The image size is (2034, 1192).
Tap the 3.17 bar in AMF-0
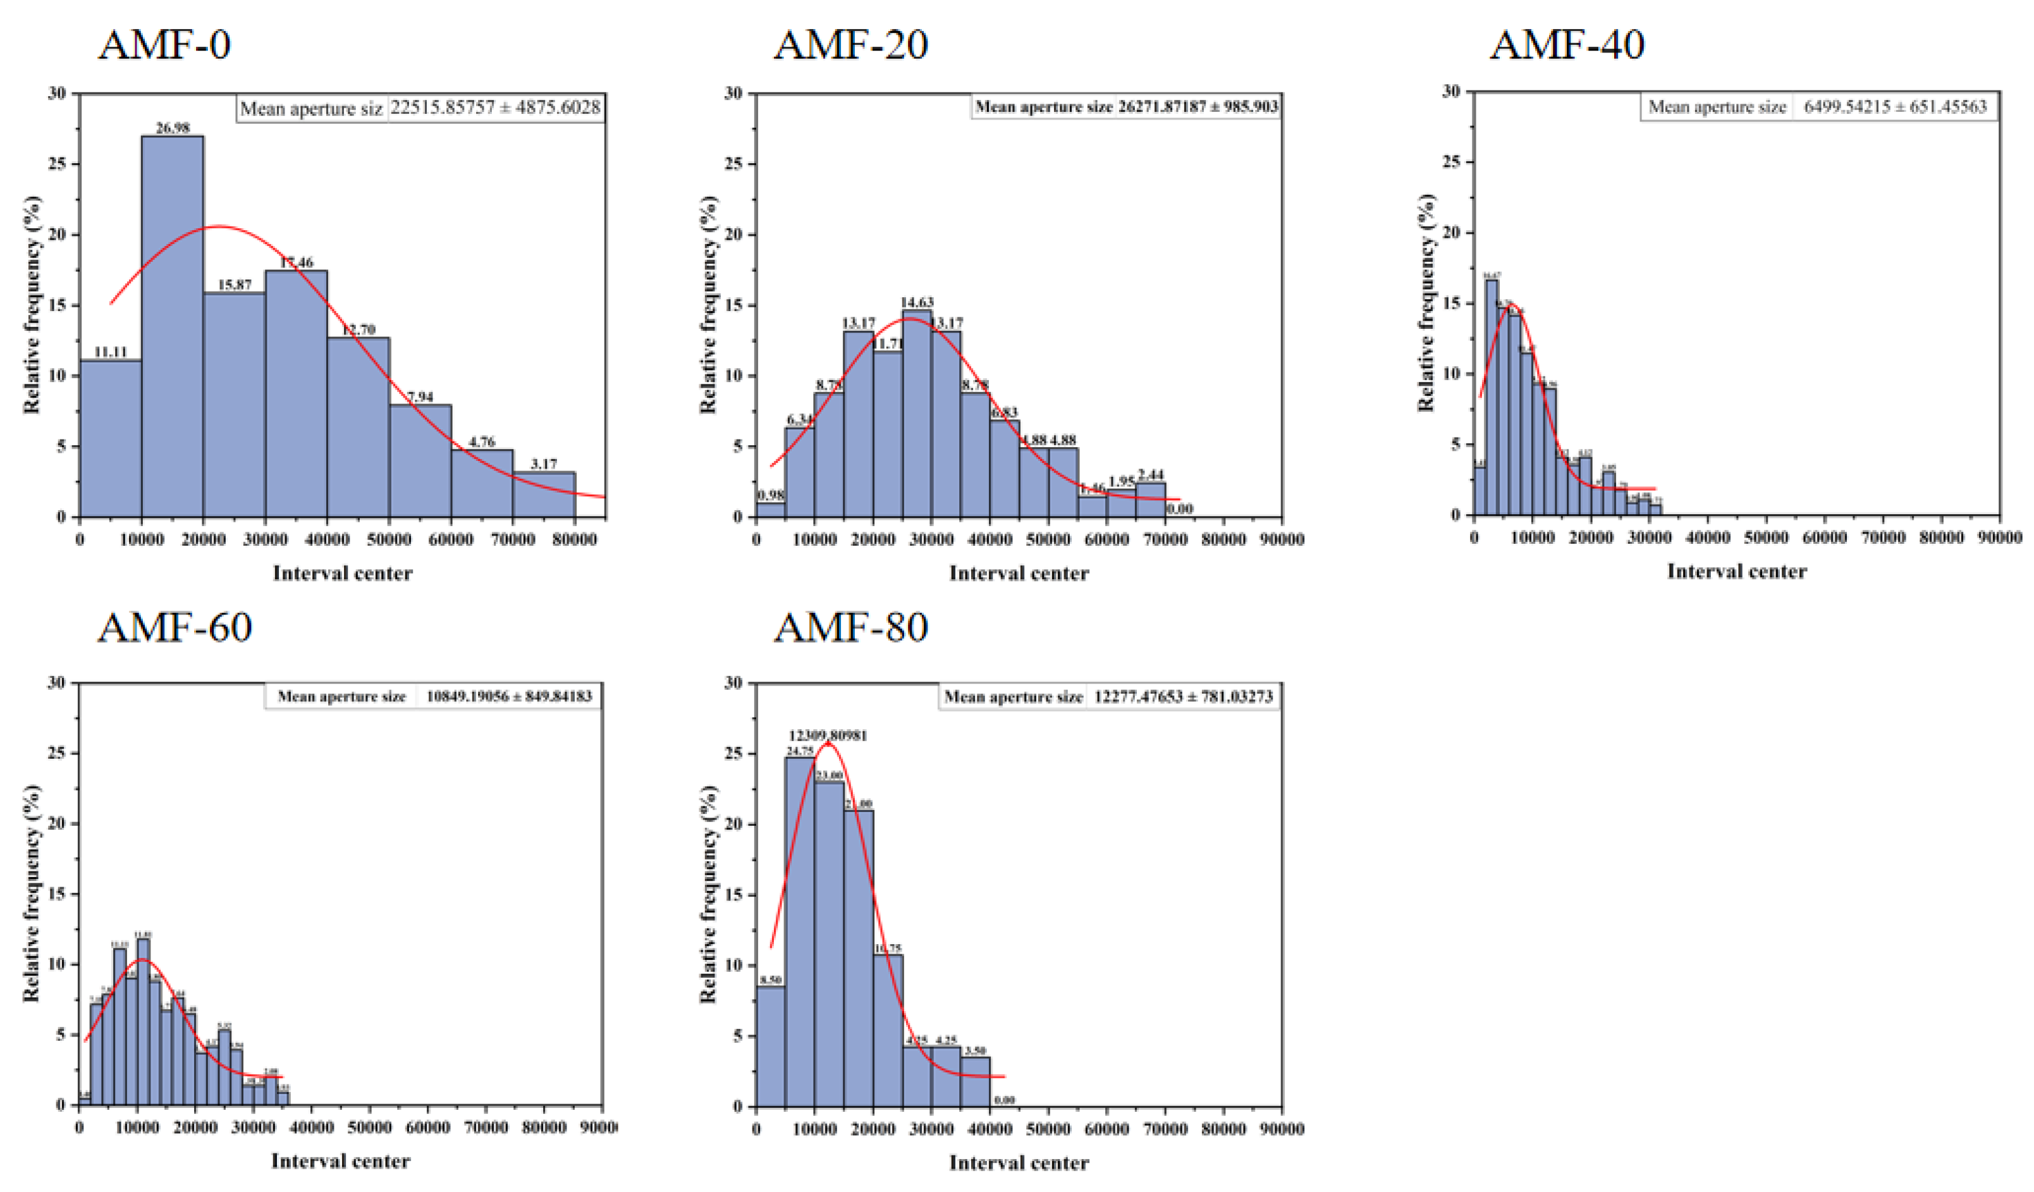click(543, 494)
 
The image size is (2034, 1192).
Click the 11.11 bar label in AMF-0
click(110, 352)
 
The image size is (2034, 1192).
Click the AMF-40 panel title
click(1567, 44)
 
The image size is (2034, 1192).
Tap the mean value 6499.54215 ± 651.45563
click(1894, 106)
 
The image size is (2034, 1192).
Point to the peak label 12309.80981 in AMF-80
click(828, 736)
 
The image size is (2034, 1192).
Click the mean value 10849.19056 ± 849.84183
click(508, 696)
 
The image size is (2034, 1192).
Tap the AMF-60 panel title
click(175, 627)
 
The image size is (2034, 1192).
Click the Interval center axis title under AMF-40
click(1736, 572)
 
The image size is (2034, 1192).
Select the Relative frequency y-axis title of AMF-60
click(32, 894)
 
